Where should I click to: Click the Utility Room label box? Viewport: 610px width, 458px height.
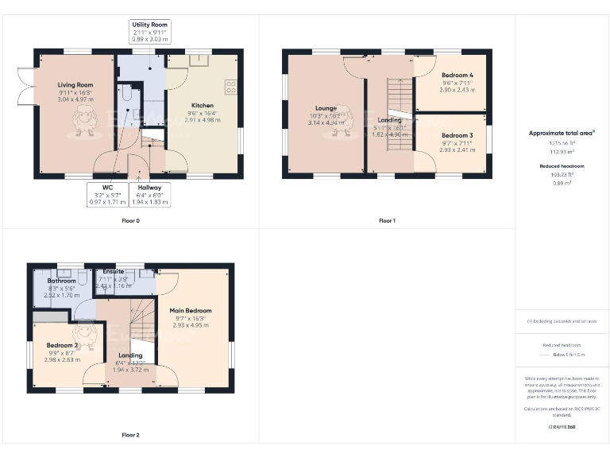150,32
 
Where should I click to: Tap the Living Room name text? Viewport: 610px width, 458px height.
75,84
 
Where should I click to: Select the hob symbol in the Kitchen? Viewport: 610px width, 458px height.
231,87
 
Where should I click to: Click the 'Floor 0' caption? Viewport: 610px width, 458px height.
130,220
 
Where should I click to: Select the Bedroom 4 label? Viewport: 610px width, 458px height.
458,75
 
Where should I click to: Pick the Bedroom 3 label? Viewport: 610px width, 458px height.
458,135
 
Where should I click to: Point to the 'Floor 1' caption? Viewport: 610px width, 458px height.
387,220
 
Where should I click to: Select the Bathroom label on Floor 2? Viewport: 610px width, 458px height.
61,281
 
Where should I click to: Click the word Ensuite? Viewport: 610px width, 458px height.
114,271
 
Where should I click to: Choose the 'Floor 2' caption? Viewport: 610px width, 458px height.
130,435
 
